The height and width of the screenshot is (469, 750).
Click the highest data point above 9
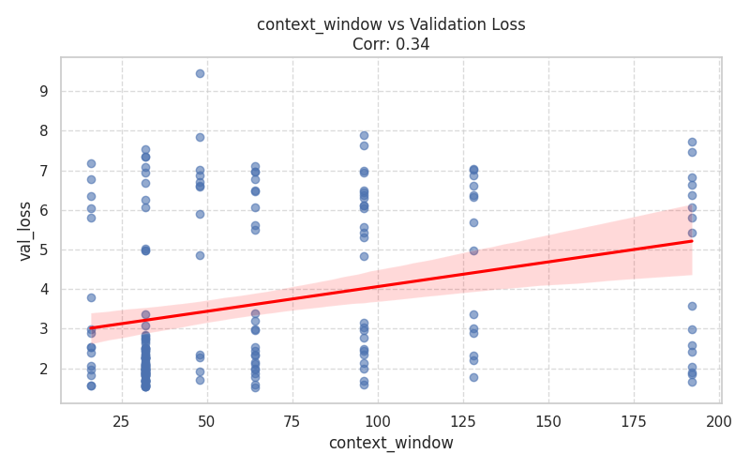200,73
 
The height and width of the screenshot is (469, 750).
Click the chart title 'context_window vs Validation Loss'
391,25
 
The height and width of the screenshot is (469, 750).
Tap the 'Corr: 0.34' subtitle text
391,44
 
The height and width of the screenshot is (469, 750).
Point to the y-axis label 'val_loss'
25,231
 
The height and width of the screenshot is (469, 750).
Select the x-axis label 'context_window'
391,443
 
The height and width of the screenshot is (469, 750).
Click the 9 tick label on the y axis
43,92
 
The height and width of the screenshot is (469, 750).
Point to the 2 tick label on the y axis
43,369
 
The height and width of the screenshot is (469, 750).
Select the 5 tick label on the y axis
43,250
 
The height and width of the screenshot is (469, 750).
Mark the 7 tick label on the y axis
43,171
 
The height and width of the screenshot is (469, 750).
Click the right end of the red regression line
692,241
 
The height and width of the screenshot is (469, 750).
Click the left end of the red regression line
91,328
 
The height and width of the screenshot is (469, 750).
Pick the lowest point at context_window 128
473,377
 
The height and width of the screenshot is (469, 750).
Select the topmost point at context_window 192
692,142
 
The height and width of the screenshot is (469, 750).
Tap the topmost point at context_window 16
91,163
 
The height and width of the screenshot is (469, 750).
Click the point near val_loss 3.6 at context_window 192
692,306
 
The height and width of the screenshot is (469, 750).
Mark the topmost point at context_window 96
364,135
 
